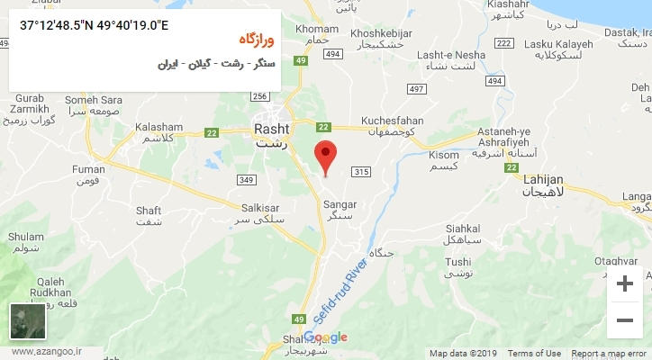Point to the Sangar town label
click(x=339, y=204)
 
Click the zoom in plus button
click(x=624, y=283)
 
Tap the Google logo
click(x=325, y=337)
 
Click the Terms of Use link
click(x=534, y=354)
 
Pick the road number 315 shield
click(x=362, y=172)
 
